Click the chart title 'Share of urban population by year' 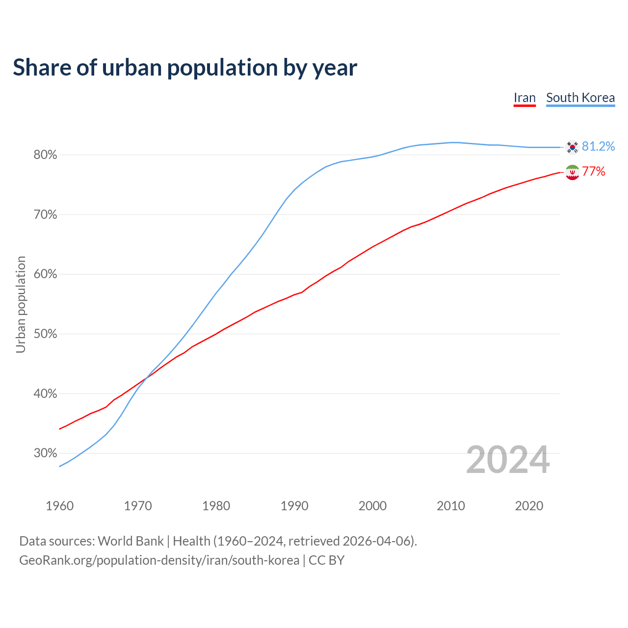coord(185,68)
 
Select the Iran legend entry coord(524,98)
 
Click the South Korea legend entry coord(580,98)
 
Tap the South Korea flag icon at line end coord(572,147)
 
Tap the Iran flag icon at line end coord(572,172)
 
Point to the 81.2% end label coord(598,147)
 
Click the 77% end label coord(594,172)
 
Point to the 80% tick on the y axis coord(45,155)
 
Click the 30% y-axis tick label coord(45,453)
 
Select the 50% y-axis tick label coord(45,334)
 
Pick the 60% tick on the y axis coord(45,274)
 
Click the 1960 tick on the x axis coord(59,506)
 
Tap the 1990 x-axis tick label coord(294,506)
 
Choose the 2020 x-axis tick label coord(529,506)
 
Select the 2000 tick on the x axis coord(372,506)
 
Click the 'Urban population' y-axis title coord(21,304)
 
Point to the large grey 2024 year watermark coord(508,460)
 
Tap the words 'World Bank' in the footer coord(131,541)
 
